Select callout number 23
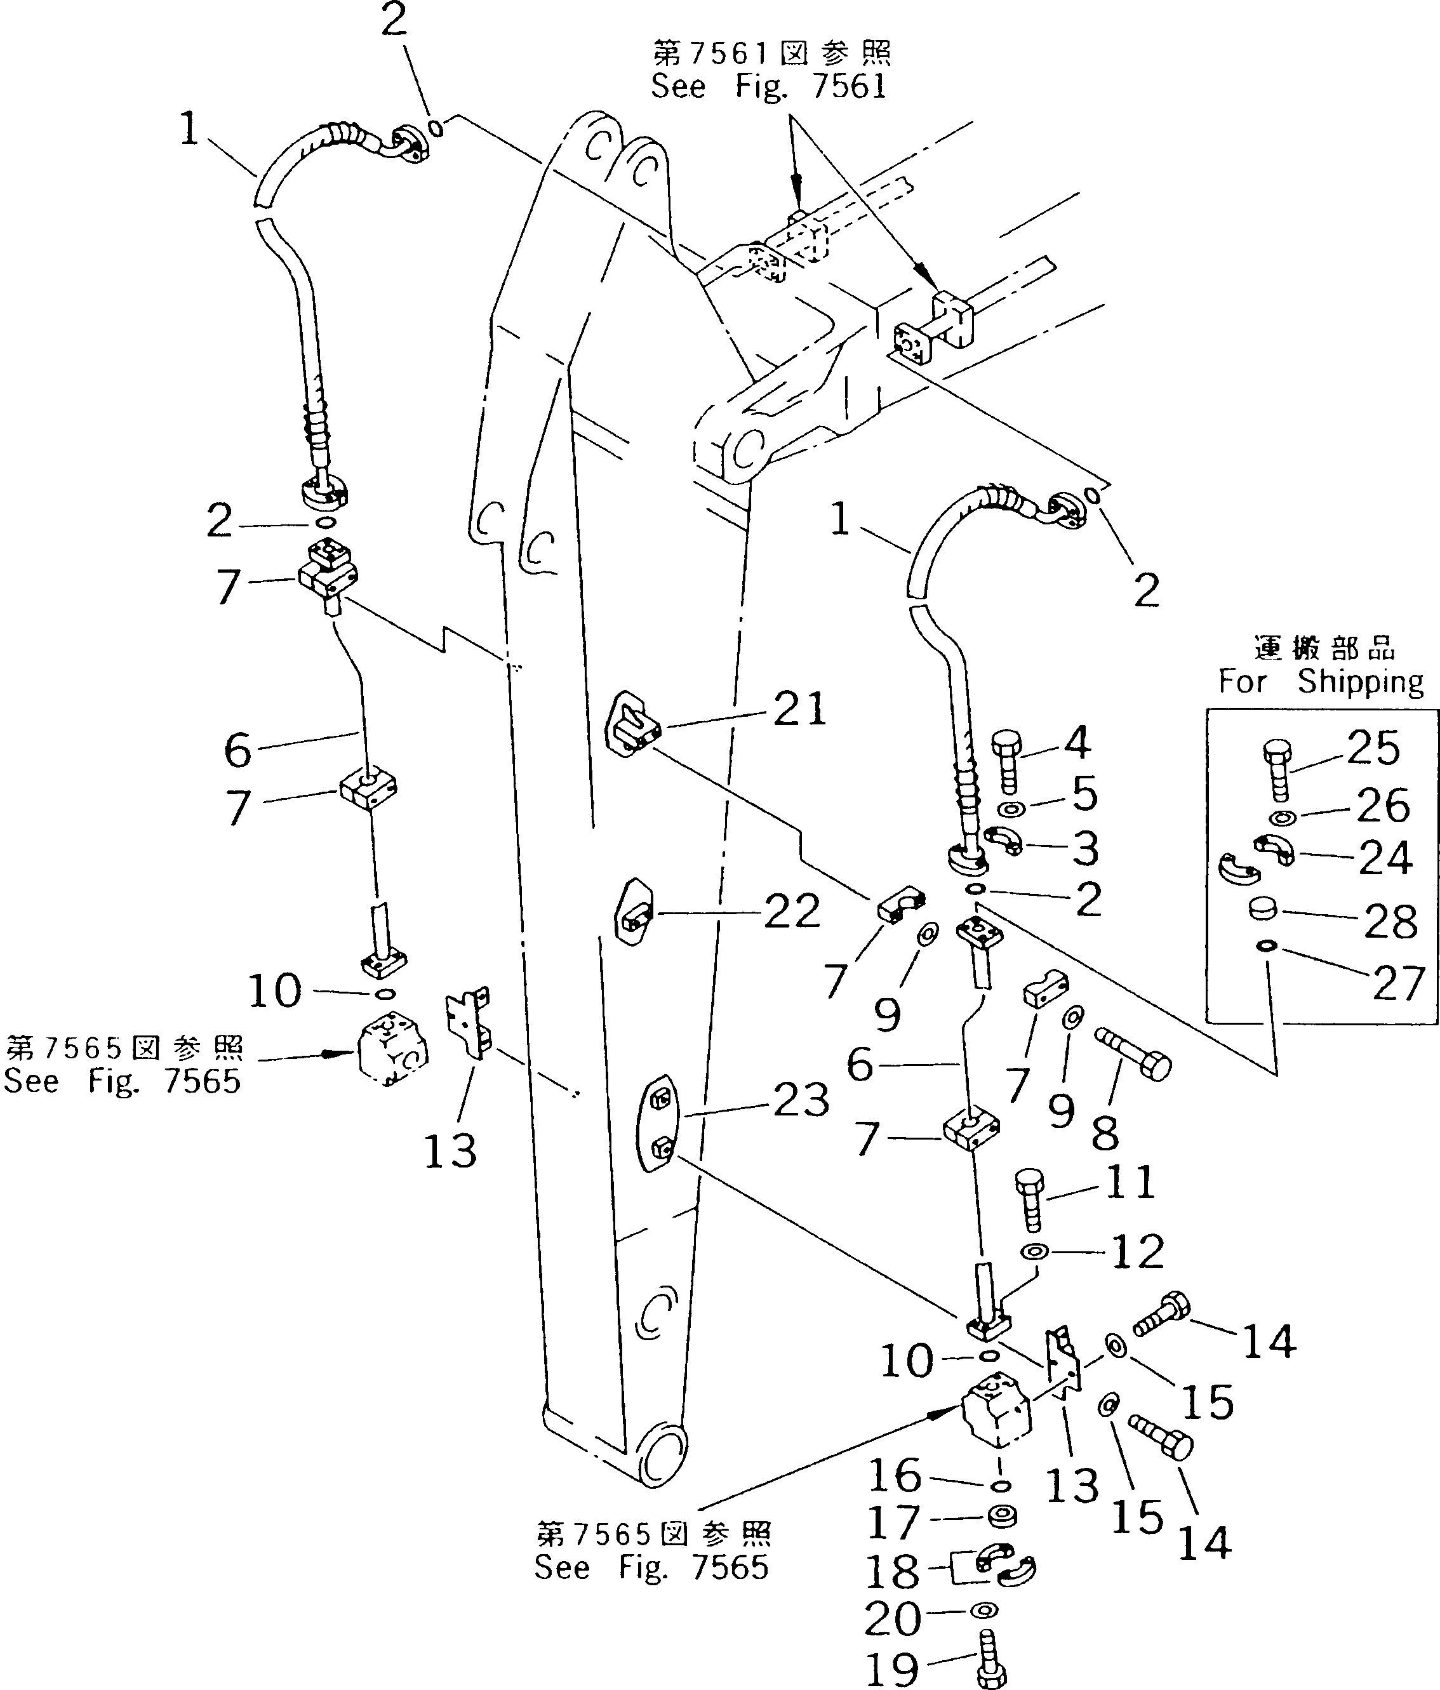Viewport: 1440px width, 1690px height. point(801,1100)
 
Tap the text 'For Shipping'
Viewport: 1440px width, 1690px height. point(1321,680)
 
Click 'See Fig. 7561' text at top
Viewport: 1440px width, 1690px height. point(768,86)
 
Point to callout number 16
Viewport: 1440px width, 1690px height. point(894,1475)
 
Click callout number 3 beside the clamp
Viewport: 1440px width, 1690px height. point(1084,849)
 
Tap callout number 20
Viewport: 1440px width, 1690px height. point(893,1618)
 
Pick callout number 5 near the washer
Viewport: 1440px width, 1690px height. point(1083,793)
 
